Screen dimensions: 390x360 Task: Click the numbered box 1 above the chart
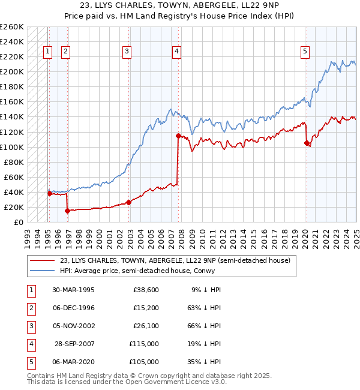coord(47,52)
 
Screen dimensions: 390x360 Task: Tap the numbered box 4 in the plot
coord(177,52)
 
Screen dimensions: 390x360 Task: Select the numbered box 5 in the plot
coord(305,52)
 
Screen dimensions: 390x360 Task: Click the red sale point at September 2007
coord(178,136)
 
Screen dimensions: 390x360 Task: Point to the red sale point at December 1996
coord(67,211)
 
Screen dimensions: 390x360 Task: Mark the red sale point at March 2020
coord(307,143)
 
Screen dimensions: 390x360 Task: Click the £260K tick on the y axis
coord(12,27)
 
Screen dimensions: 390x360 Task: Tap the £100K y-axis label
coord(12,147)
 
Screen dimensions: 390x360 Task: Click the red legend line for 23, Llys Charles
coord(42,260)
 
